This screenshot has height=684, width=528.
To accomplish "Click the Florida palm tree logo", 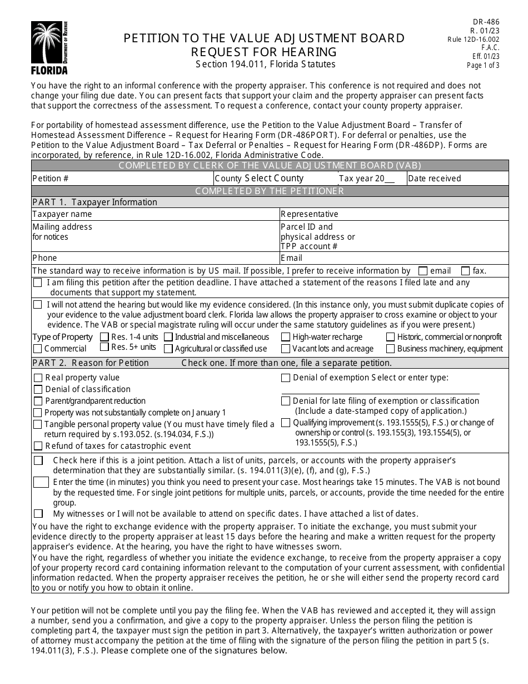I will point(49,47).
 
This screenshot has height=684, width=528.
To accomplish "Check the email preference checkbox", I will point(423,271).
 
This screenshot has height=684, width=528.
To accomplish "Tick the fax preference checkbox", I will point(465,271).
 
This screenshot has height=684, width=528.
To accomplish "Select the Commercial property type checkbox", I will point(37,349).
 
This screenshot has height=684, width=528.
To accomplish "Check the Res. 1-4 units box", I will point(104,337).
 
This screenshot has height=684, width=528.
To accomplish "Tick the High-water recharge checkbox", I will point(285,337).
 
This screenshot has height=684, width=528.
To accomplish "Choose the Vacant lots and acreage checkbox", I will point(285,349).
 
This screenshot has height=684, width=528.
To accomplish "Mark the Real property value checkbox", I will point(38,378).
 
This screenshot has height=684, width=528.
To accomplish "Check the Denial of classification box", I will point(38,390).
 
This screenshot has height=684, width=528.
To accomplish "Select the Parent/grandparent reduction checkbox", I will point(38,402).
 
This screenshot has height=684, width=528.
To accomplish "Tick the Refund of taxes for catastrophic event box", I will point(38,446).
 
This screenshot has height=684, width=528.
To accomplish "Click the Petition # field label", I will point(51,179).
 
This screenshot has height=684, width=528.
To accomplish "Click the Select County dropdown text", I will point(274,179).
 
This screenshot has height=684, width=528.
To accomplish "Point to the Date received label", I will point(434,179).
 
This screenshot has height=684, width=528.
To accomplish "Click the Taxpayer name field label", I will point(62,214).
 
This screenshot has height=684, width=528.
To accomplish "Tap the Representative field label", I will point(309,214).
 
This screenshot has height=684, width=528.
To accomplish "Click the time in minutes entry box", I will point(41,482).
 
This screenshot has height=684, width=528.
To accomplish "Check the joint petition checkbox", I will point(38,461).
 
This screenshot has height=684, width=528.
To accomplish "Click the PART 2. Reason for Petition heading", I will point(91,363).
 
